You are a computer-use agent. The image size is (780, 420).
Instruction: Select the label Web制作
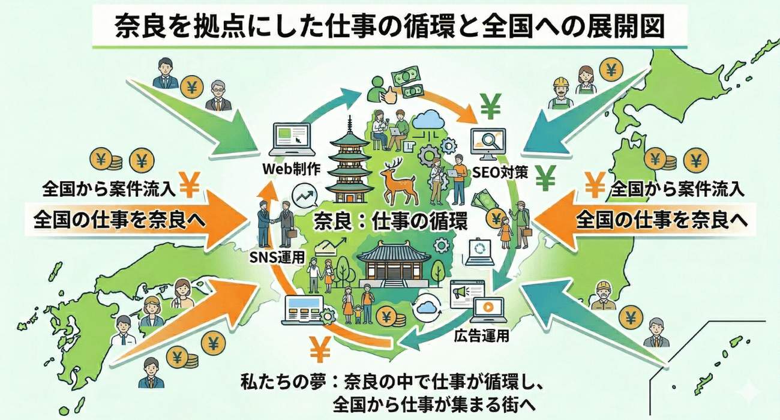click(292, 169)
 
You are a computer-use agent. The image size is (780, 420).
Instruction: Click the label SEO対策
click(500, 172)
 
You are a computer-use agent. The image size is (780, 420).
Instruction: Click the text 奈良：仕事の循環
click(390, 221)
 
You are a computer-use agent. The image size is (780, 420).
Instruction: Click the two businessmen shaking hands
click(274, 223)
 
